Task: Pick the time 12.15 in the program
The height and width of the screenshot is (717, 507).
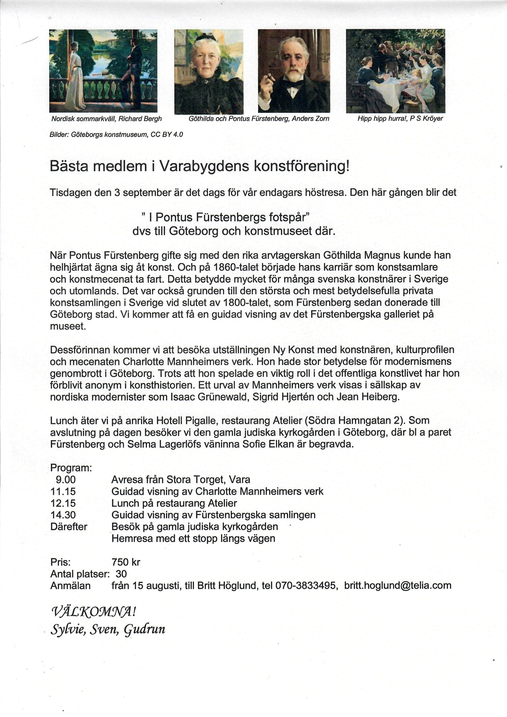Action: [x=63, y=503]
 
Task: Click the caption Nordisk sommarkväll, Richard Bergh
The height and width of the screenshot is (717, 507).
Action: [x=106, y=119]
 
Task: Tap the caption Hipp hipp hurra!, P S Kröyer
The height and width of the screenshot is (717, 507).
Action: [x=400, y=119]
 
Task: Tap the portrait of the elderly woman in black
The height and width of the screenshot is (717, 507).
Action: [x=208, y=72]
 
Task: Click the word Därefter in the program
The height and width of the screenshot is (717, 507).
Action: [x=69, y=527]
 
